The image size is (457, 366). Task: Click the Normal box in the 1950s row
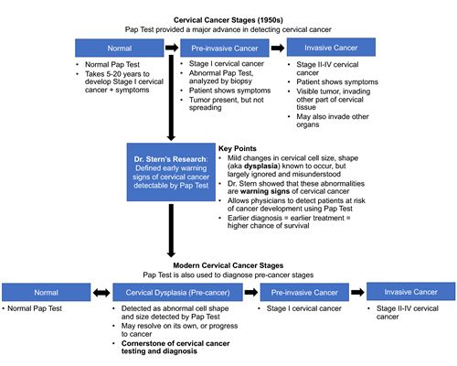120,48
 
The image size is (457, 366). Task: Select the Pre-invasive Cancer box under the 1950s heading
225,48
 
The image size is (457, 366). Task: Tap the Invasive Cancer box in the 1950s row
331,48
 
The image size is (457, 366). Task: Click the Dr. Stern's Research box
171,172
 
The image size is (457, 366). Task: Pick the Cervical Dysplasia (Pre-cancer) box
177,292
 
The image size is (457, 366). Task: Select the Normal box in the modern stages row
47,292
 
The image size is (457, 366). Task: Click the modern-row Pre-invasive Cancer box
304,292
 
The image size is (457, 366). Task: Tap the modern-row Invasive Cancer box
411,292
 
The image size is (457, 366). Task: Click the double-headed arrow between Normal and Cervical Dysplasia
101,293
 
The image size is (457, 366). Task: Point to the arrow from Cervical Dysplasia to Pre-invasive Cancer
251,292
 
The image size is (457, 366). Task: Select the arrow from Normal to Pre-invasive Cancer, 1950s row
172,48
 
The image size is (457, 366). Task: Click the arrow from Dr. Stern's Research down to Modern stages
171,231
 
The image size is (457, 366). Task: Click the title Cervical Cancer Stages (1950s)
228,20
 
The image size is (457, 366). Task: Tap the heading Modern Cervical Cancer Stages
228,265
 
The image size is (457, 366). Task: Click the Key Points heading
238,148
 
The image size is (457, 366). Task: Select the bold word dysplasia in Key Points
260,166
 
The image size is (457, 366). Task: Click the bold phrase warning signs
265,191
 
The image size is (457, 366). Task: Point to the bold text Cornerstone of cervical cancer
175,343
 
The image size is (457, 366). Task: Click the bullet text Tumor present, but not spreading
227,103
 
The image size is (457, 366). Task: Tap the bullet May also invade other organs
333,121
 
